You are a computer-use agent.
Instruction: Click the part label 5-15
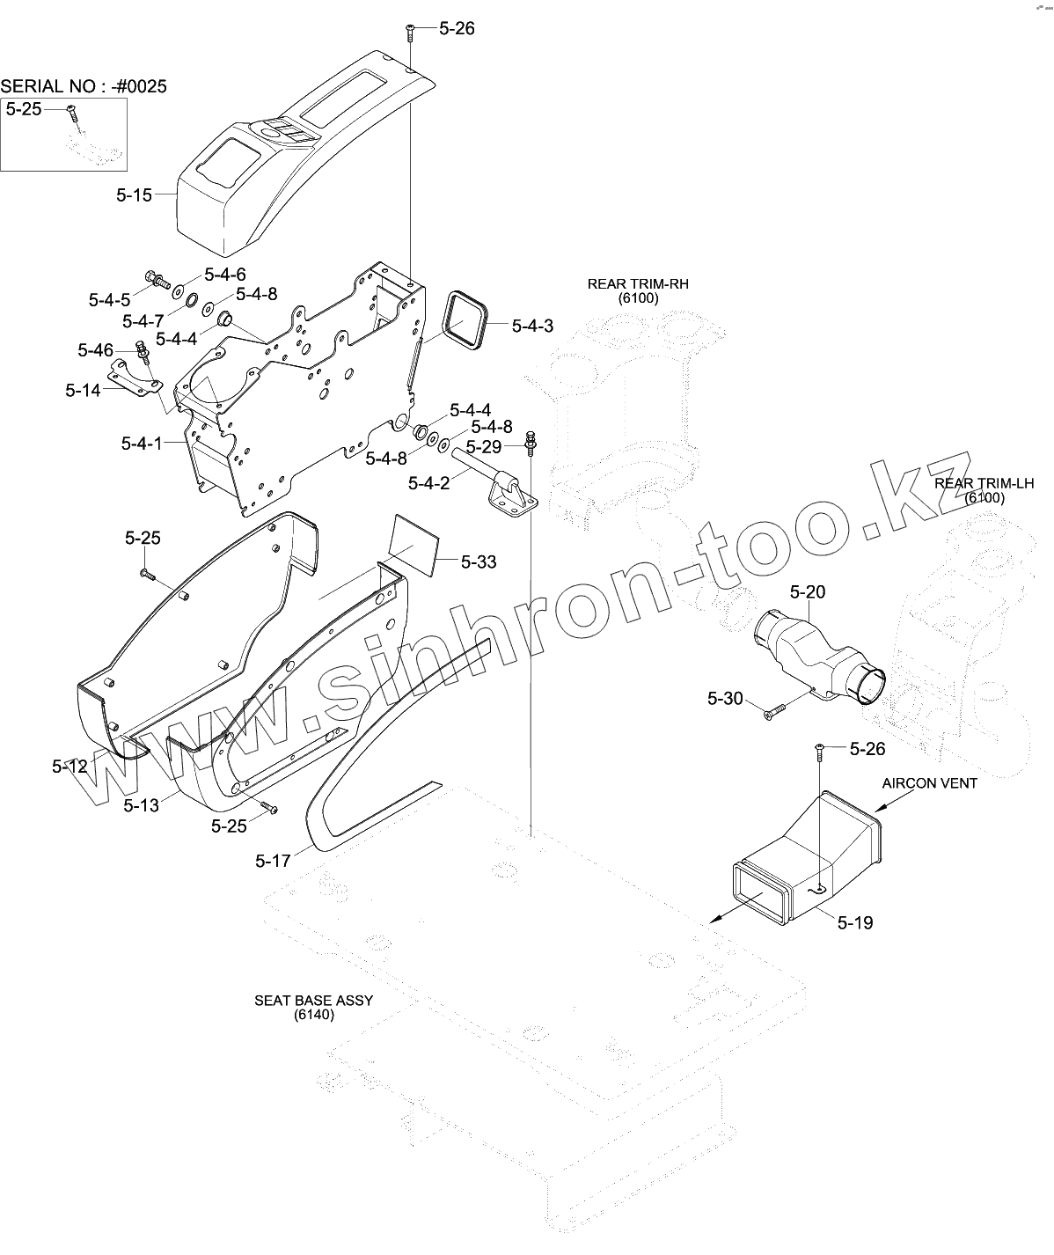coord(134,195)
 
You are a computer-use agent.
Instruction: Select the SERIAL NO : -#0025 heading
coord(84,86)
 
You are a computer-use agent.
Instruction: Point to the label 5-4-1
coord(142,444)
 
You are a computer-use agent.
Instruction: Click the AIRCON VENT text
coord(930,783)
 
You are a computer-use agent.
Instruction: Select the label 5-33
coord(478,561)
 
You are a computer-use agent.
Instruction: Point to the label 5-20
coord(808,591)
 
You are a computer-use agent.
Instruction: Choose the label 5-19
coord(854,922)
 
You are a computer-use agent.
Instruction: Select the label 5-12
coord(70,767)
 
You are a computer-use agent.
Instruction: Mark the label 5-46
coord(95,351)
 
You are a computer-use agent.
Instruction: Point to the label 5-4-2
coord(428,482)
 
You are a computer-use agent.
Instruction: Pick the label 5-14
coord(83,390)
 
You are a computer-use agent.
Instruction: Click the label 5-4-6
coord(225,275)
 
